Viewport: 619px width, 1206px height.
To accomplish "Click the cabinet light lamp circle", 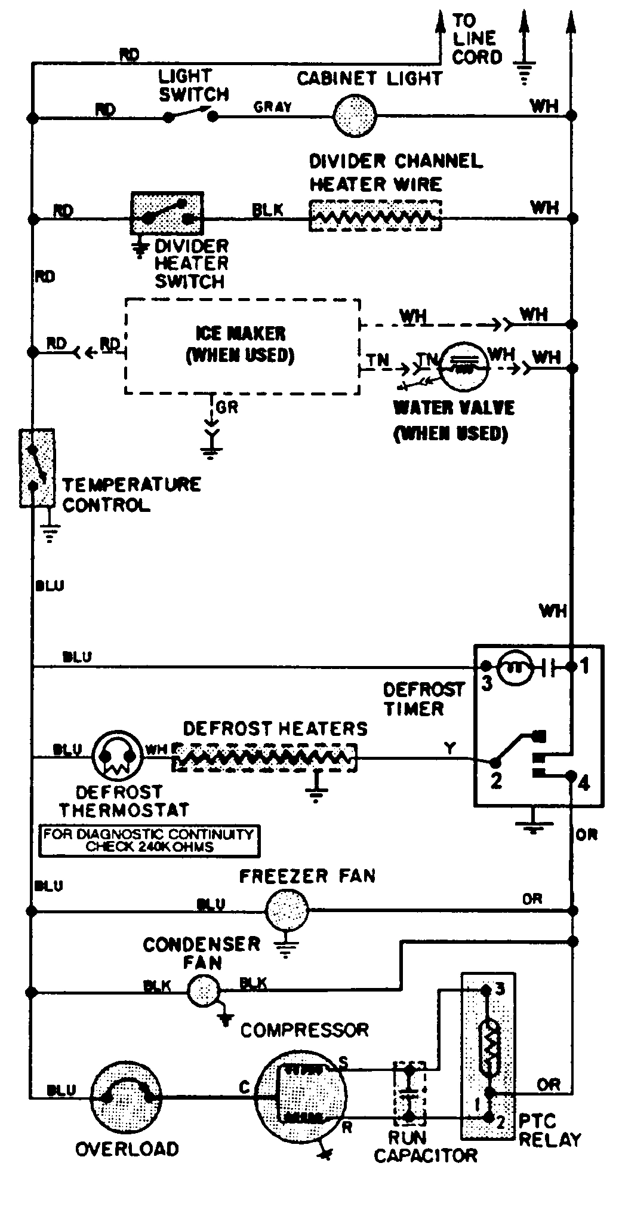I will click(355, 115).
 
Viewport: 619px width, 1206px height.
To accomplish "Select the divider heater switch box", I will click(167, 213).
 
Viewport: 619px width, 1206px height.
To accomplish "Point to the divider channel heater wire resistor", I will click(375, 216).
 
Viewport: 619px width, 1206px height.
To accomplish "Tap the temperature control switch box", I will click(37, 468).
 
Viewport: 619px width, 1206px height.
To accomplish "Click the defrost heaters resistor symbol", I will click(264, 758).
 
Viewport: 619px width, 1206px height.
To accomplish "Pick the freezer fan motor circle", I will click(287, 910).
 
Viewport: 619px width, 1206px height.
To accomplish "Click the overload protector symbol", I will click(127, 1095).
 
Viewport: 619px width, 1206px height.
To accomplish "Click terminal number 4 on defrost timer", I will click(584, 782).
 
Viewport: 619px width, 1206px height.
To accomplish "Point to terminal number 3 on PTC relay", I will click(500, 989).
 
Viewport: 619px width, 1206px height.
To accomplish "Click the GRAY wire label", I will click(273, 107).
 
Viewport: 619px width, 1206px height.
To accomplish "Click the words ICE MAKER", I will click(241, 333).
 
